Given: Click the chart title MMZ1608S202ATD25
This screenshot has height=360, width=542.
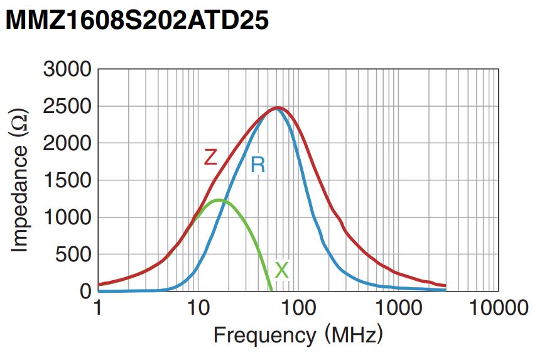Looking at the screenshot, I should coord(137,21).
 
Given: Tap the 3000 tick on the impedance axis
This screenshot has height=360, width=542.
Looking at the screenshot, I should coord(67,69).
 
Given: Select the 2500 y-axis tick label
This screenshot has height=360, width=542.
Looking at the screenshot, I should coord(67,106).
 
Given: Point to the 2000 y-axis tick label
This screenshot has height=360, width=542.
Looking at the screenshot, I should coord(67,143).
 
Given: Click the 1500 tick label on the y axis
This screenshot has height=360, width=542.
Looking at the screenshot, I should coord(67,180).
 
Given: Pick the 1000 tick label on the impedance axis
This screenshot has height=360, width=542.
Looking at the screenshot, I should coord(67,217).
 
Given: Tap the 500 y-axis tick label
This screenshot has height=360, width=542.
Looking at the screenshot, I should coord(73,254).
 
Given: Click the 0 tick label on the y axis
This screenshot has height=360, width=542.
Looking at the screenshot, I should coord(85,292).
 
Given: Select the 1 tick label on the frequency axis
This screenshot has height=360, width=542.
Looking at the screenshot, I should coord(97,308).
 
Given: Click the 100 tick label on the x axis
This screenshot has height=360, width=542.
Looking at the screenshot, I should coord(298,308).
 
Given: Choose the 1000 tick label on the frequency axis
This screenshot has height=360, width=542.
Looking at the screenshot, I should coord(398,308).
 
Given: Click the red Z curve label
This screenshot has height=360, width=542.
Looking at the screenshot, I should coord(210,157).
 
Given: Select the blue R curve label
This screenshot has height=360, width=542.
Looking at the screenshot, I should coord(257,165).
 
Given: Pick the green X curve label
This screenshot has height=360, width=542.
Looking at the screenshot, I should coord(282,270).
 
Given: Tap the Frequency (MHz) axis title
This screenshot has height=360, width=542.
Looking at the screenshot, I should coord(298,335).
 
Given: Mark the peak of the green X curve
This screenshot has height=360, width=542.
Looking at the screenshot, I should coord(219,200).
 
